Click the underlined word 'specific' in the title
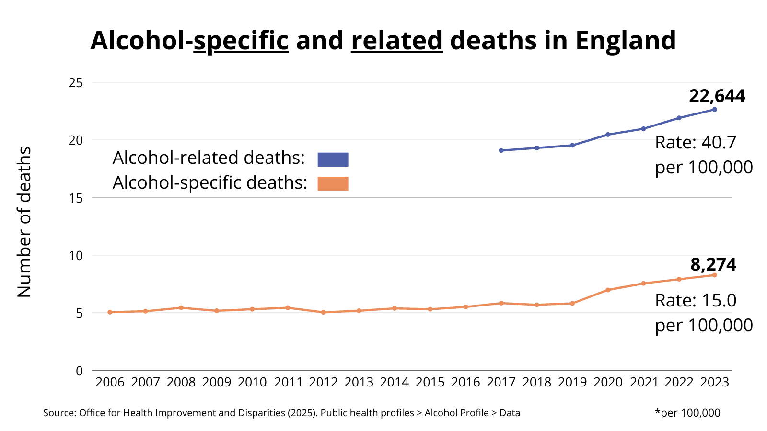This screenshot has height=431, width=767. coord(241,41)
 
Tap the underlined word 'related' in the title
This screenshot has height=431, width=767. coord(397,41)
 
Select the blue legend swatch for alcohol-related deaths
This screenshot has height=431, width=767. coord(333,159)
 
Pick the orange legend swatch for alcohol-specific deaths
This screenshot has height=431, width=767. coord(333,184)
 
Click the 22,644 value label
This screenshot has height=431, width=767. coord(717,96)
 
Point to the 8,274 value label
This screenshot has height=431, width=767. coord(713,265)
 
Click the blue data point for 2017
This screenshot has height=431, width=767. coord(501,150)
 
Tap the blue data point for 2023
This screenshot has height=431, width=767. coord(714,110)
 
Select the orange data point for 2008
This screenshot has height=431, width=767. coord(181,307)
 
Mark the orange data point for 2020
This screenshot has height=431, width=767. coord(608,290)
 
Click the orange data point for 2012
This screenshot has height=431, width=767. coord(323,312)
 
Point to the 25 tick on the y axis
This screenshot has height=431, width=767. coord(76,83)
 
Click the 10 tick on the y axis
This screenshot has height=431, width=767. coord(76,255)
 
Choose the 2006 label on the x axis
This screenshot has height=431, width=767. coord(110,382)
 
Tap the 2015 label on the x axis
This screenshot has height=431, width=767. coord(430,382)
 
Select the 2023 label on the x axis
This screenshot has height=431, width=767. coord(714,382)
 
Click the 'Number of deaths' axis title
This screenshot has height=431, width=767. coord(24,222)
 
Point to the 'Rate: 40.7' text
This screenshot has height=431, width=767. coord(695,143)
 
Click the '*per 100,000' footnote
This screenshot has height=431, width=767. coord(687,413)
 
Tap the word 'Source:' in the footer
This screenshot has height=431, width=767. coord(59,413)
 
